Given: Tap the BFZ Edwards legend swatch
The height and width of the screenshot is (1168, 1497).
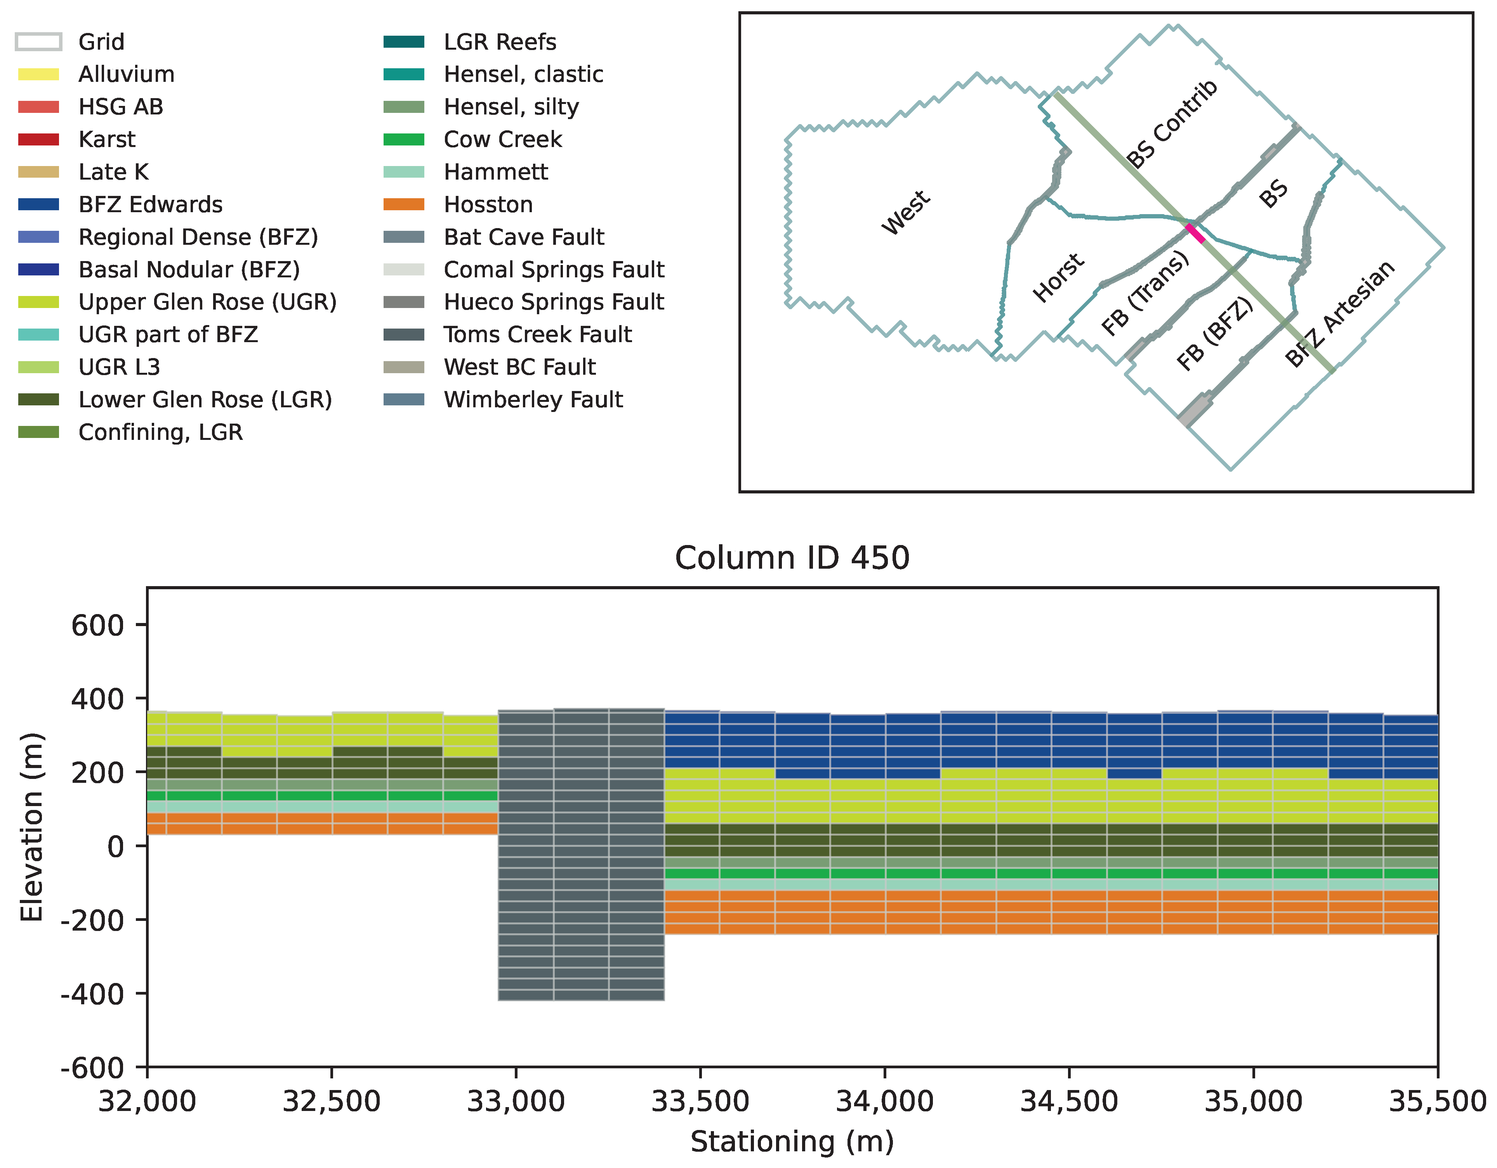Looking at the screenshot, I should [x=38, y=204].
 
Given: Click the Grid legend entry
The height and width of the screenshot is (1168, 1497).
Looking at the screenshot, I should [x=101, y=42].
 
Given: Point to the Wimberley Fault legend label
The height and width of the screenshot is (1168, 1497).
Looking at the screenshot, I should [x=533, y=400].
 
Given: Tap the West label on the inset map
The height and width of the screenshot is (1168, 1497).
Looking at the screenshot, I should [x=905, y=212].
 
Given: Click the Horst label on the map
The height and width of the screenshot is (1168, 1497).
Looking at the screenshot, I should [x=1058, y=277].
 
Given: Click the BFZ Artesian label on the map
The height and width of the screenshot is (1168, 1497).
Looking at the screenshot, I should [x=1339, y=314].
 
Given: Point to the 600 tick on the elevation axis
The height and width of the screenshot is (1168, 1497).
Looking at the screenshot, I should [x=97, y=625].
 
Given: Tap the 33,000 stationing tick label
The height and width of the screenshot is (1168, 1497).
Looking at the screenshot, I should [x=516, y=1102].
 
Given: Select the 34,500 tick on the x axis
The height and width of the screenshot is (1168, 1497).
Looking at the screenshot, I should [x=1069, y=1102].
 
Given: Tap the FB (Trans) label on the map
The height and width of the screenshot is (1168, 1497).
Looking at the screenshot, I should [x=1144, y=293].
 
